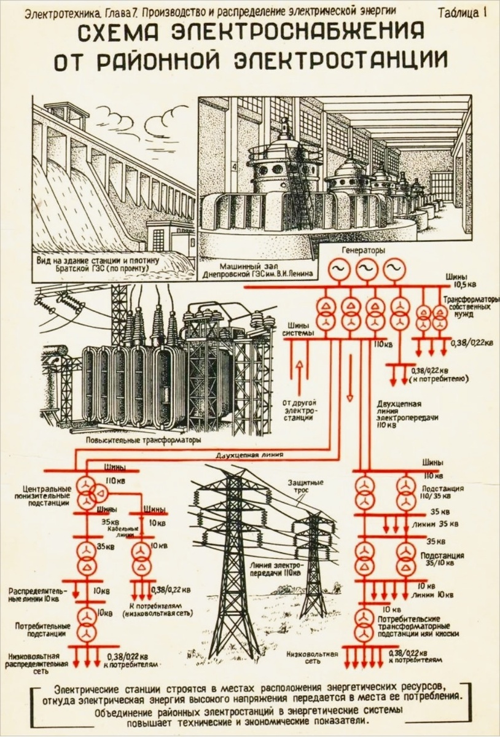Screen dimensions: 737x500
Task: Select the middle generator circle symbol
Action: coord(366,269)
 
